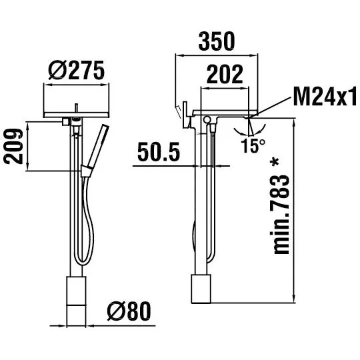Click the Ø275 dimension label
click(x=77, y=71)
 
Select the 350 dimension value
click(x=217, y=41)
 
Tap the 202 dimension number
click(x=225, y=74)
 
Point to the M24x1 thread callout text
click(x=325, y=96)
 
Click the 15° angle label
click(x=253, y=145)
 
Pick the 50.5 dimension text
click(x=159, y=152)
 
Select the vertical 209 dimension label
click(x=14, y=146)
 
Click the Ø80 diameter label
click(x=129, y=311)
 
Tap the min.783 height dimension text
click(x=281, y=214)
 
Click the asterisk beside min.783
click(x=275, y=163)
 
